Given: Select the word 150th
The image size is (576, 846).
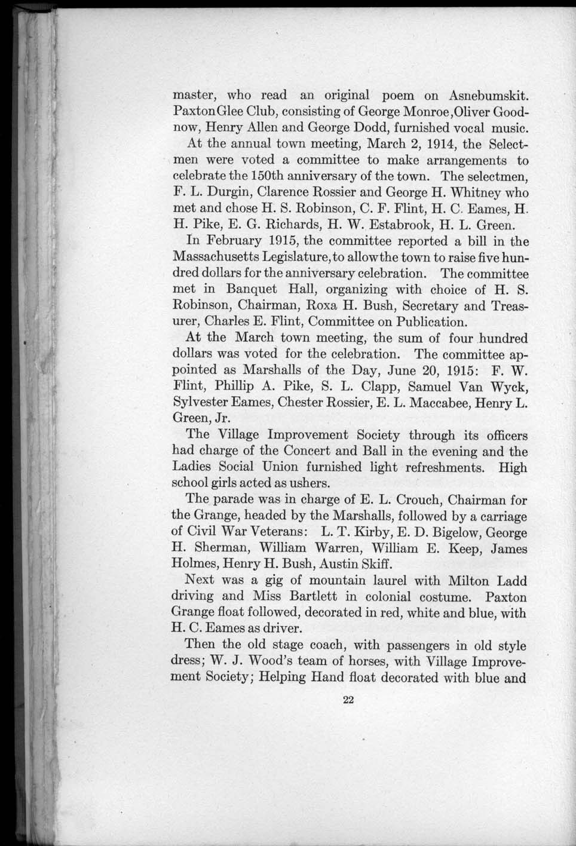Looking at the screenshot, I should (258, 177).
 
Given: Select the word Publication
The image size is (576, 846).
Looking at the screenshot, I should (404, 323).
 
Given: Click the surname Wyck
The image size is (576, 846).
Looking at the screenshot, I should (507, 387).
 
